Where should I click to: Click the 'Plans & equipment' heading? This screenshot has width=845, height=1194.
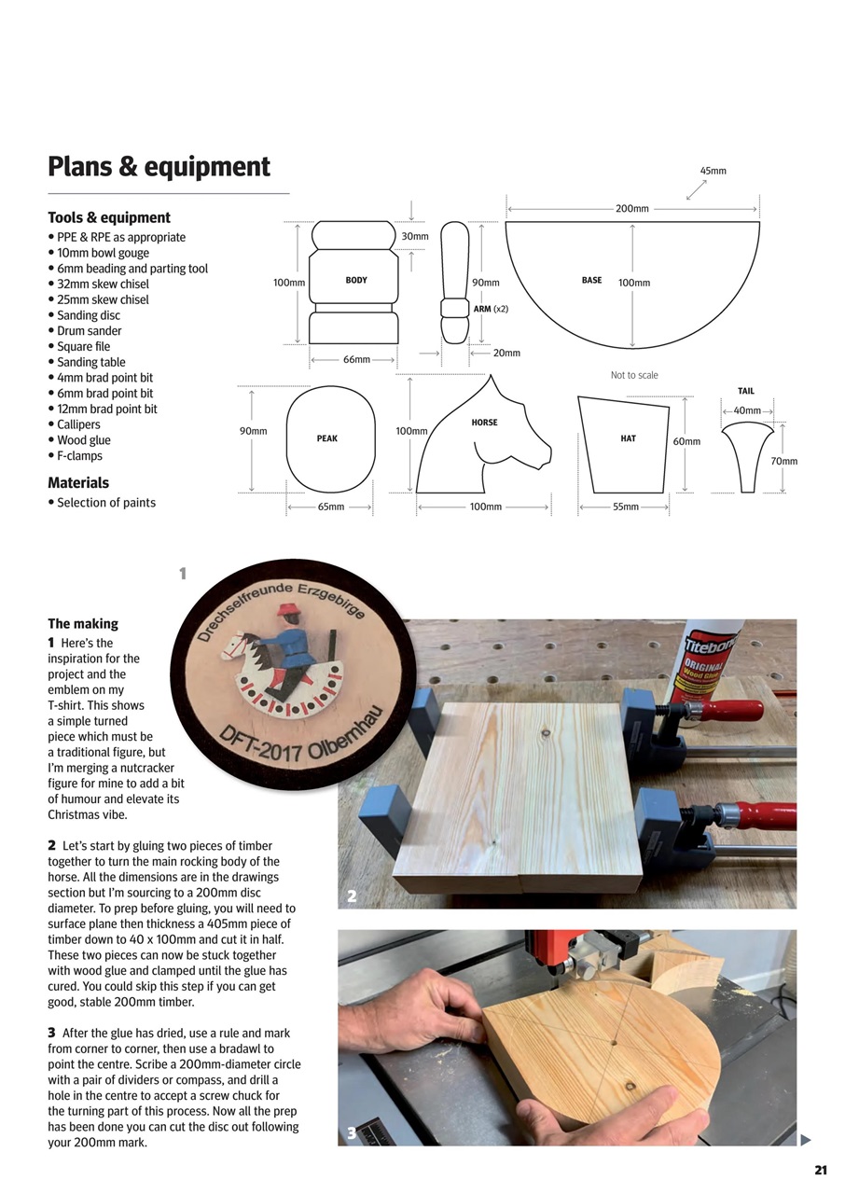coord(159,167)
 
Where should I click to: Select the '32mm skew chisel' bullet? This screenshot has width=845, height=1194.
coord(103,284)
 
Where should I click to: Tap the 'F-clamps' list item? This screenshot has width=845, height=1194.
coord(79,456)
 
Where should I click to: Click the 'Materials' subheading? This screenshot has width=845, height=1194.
coord(78,482)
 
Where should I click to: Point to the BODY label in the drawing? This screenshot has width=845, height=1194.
coord(356,280)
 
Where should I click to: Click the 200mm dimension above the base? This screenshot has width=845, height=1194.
coord(631,208)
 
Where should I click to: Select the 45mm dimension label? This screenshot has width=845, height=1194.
coord(713,171)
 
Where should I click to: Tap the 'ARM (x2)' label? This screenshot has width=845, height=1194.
coord(491,309)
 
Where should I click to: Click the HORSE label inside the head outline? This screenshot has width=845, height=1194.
coord(484,423)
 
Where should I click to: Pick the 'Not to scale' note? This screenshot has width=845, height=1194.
coord(634,375)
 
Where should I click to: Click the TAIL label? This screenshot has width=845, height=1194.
coord(746,391)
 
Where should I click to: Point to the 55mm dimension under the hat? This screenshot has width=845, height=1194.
coord(625,507)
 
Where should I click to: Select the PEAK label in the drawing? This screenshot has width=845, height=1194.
coord(326,438)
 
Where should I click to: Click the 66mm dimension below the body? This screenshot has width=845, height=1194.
coord(356,359)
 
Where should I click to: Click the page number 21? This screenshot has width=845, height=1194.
coord(821,1171)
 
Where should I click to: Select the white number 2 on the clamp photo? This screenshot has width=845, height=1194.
coord(352,896)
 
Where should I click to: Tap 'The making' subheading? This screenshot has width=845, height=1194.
coord(83,623)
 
